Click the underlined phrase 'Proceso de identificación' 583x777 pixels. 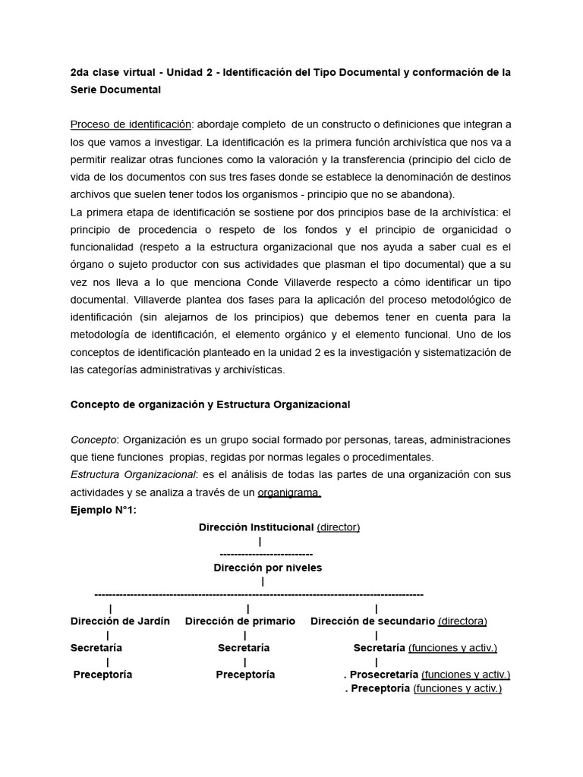click(131, 124)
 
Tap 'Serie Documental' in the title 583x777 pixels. click(115, 90)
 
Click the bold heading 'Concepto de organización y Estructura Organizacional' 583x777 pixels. click(210, 404)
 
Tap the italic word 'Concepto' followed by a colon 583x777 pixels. click(93, 440)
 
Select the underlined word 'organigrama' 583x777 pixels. click(289, 492)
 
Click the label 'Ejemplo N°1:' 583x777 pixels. click(103, 510)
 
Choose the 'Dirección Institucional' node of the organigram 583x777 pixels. click(256, 527)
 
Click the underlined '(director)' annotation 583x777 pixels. click(339, 527)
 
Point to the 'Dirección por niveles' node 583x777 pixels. click(267, 568)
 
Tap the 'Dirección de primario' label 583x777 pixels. click(240, 621)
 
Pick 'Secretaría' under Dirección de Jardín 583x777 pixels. click(96, 648)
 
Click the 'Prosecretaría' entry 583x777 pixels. click(383, 675)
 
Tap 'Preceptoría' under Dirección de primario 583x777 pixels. click(245, 675)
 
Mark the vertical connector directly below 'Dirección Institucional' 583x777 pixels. click(260, 541)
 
